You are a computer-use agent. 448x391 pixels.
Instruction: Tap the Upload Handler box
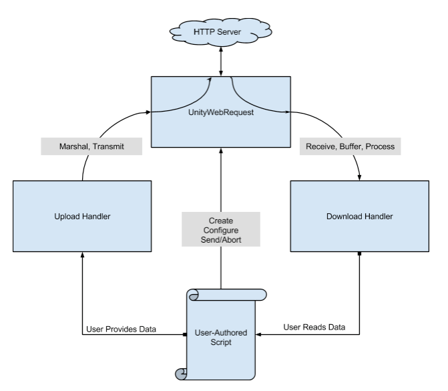tap(81, 216)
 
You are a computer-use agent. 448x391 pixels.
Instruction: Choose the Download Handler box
tap(360, 216)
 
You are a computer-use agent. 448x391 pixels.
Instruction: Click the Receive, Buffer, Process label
tap(350, 146)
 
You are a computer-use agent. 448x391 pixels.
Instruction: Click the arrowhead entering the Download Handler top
tap(360, 178)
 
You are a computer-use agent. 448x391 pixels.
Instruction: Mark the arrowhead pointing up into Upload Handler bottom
tap(81, 256)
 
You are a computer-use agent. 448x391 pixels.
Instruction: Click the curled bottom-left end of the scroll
tap(180, 373)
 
